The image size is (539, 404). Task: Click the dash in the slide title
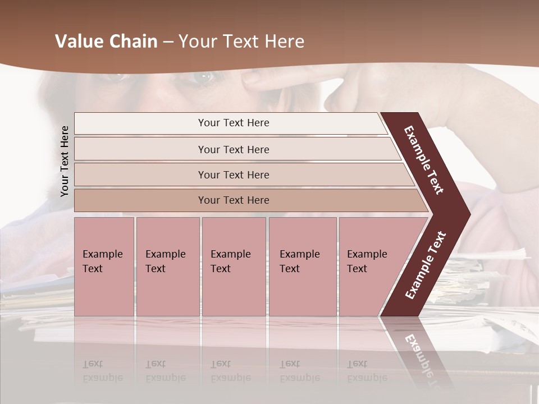coord(168,42)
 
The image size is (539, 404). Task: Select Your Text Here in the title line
coord(241,42)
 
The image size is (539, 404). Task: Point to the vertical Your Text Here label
coord(65,161)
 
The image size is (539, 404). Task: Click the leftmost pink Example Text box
coord(104,267)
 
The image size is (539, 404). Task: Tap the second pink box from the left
coord(167,267)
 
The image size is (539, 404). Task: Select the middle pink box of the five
coord(234,267)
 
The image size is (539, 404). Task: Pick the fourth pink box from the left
coord(303,267)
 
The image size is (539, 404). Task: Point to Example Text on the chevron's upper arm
coord(424,160)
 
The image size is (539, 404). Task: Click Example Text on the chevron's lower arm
coord(425,265)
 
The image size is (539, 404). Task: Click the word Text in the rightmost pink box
coord(357,269)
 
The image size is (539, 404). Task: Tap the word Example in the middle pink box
coord(231,254)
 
